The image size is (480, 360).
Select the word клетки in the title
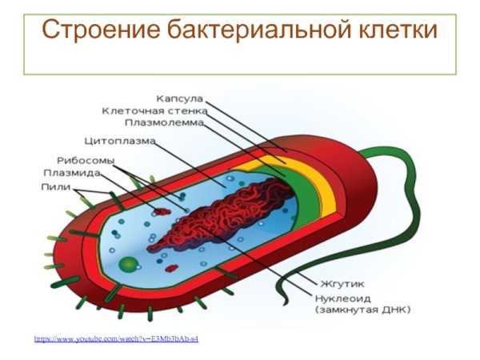click(x=397, y=30)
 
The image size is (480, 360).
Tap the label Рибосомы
click(x=85, y=160)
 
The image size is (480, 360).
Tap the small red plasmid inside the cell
click(x=162, y=213)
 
